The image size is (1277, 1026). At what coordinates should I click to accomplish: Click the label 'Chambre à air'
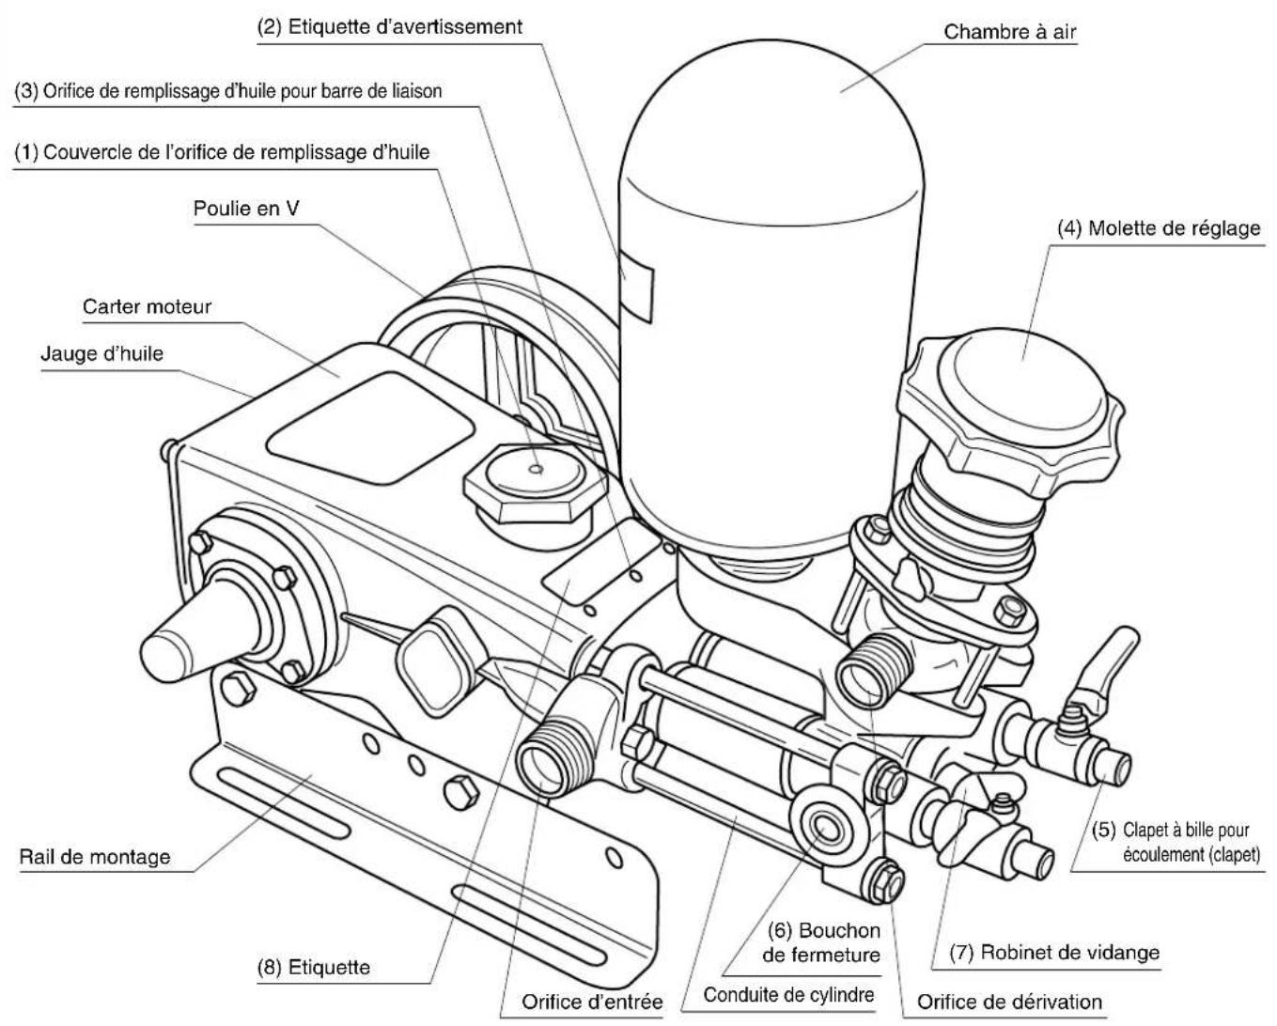(x=1009, y=33)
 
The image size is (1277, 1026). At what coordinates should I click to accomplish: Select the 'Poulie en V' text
(x=246, y=209)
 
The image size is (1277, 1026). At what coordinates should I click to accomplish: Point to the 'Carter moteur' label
(x=147, y=306)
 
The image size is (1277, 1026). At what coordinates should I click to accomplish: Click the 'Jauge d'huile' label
(x=101, y=353)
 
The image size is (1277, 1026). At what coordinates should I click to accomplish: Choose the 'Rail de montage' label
(x=95, y=857)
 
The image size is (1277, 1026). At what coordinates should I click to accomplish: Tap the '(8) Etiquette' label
(x=314, y=967)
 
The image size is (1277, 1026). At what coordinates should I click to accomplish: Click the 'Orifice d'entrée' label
(x=592, y=1002)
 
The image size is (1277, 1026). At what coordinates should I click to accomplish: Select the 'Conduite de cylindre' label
(x=788, y=995)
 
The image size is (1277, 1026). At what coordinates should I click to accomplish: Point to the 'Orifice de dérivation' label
(x=1009, y=1002)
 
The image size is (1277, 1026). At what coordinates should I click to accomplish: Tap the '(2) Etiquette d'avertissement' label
(x=390, y=26)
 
